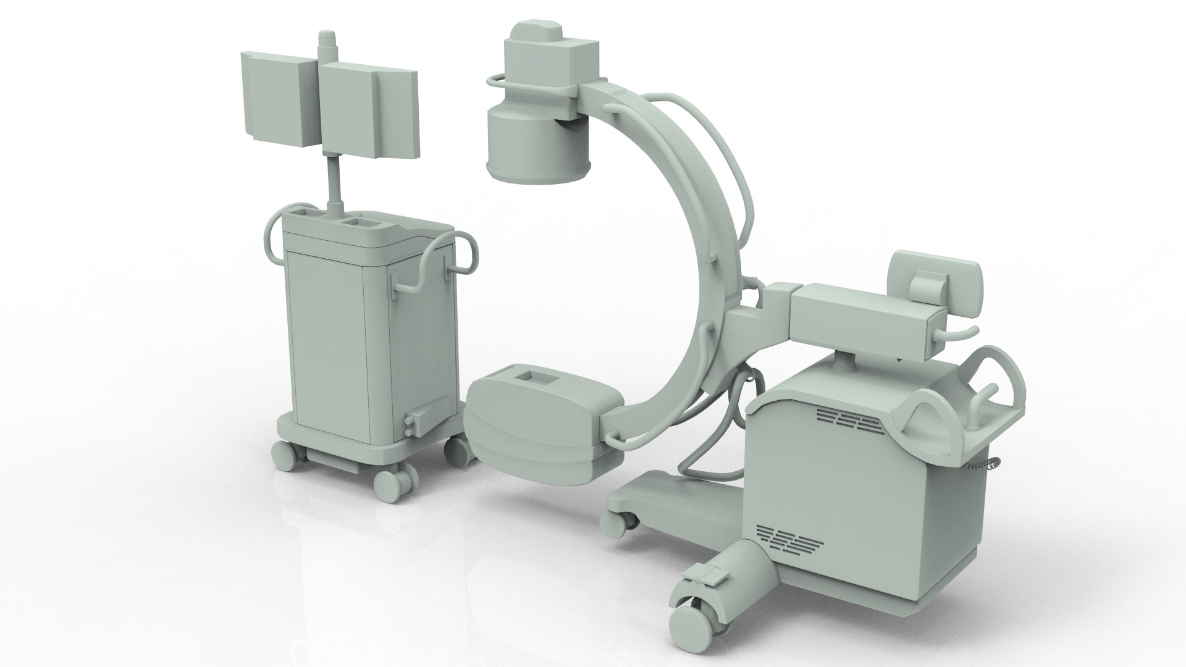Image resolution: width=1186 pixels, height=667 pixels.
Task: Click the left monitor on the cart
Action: [275, 102]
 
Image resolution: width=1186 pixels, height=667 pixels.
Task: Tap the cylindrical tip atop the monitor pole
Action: [326, 46]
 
